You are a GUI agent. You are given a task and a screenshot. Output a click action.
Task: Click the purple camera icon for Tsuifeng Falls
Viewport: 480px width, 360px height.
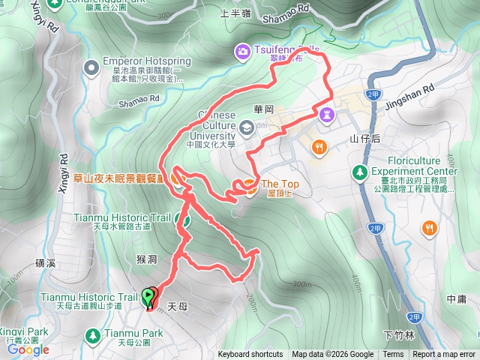coord(242,51)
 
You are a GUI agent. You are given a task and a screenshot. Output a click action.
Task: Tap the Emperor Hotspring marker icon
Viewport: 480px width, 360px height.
coord(91,68)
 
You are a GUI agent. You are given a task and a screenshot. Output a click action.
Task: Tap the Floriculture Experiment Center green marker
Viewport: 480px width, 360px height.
coord(361,173)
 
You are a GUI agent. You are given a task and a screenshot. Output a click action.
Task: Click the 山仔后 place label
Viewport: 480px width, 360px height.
coord(365,139)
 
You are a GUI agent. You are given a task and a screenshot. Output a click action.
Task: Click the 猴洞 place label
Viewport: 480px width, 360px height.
coord(146,259)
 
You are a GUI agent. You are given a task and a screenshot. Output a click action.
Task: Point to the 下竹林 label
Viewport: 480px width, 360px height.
coord(394,334)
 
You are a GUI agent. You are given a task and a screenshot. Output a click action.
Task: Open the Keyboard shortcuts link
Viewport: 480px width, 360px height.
coord(250,355)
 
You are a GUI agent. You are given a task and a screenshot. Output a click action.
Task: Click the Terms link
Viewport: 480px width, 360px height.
coord(393,355)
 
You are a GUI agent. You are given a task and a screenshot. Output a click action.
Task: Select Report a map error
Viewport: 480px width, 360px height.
coord(444,355)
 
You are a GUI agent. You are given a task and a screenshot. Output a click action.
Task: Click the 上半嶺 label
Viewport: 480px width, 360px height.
coord(235,13)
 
